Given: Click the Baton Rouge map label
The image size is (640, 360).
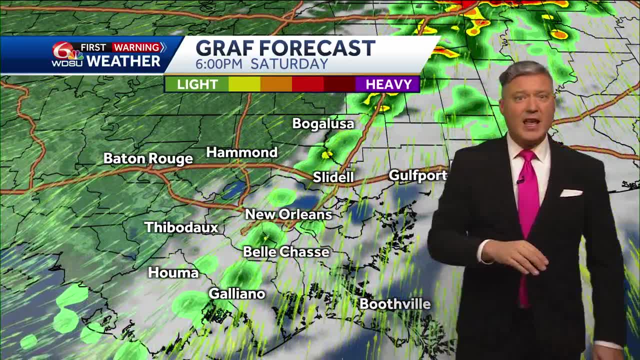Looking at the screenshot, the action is pos(148,159).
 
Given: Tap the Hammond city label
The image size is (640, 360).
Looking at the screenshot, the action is pos(241,152).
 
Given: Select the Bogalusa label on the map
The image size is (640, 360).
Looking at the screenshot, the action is pos(323,124).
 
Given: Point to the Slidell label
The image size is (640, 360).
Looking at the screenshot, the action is pos(333,177).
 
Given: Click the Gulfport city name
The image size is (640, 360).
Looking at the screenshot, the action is pos(417,175).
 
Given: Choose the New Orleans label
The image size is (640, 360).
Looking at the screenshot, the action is pos(288,214).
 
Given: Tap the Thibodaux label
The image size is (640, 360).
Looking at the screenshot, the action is pos(181,227).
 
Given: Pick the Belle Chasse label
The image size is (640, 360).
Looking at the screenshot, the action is pos(286,252).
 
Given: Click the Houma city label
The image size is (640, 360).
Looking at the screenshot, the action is pos(173,272).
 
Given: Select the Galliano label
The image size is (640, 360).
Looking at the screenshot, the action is pos(236,293).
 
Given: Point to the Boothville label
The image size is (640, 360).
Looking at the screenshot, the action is pos(395,304).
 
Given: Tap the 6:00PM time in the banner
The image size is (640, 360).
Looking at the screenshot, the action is pos(219,64).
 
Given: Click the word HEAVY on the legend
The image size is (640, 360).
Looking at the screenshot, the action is pos(388,84).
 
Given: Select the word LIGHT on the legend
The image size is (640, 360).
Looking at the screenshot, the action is pos(197,84).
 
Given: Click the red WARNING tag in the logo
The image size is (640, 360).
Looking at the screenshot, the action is pos(136,47).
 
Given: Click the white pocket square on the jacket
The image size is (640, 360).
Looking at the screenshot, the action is pos(571,193).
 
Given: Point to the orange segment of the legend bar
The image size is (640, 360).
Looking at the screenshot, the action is pos(276,84).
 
